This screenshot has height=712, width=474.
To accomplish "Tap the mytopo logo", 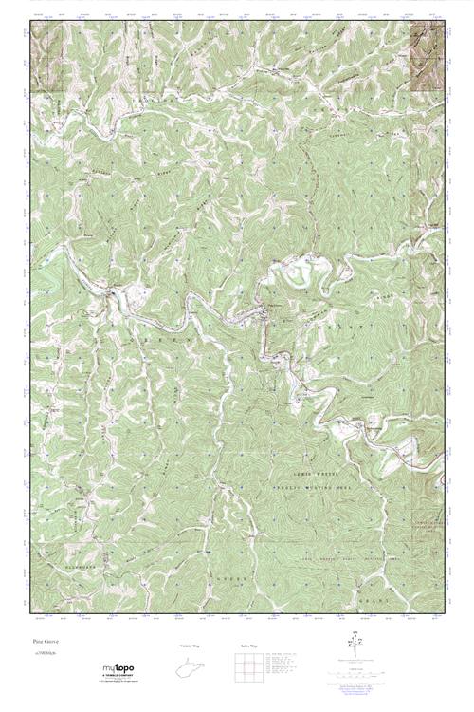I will pyautogui.click(x=122, y=671).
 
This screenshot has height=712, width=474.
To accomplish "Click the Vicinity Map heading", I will pyautogui.click(x=191, y=646).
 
